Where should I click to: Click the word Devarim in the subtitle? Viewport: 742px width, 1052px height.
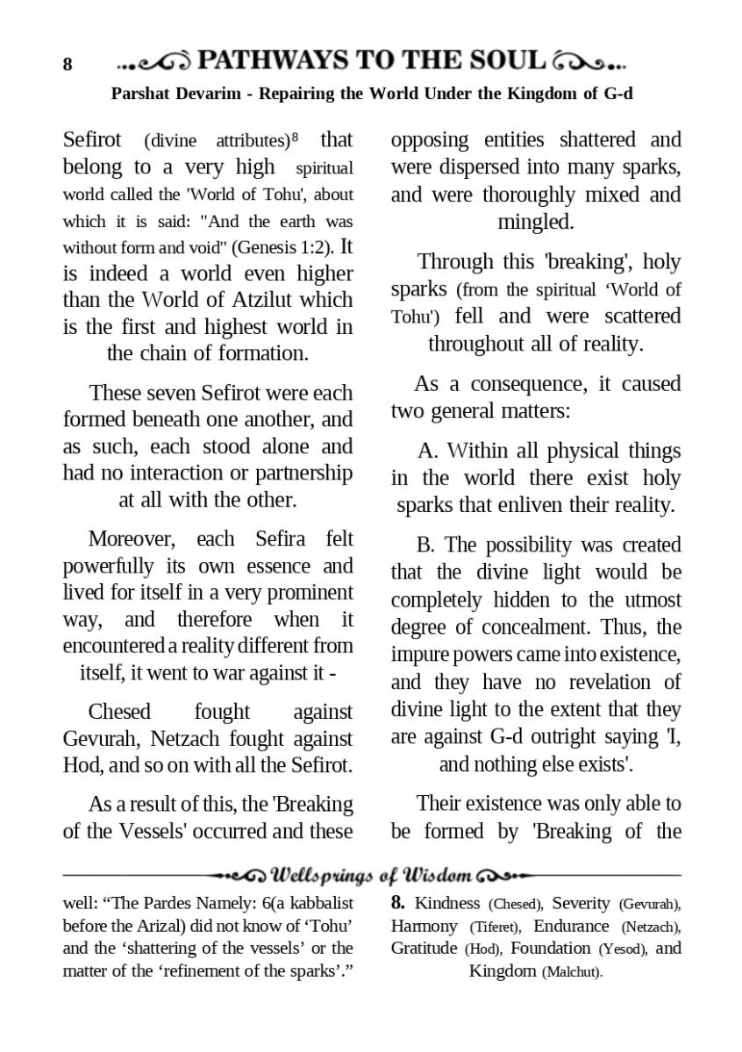200,94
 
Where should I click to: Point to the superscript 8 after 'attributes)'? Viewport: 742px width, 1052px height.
295,136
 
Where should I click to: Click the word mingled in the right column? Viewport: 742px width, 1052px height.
536,222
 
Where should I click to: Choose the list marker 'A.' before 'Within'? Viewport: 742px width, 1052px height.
428,451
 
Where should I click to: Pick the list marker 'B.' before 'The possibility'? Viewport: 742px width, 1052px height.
427,545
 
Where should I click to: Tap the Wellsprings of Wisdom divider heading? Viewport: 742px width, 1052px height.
373,875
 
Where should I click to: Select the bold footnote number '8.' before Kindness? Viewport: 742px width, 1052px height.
398,903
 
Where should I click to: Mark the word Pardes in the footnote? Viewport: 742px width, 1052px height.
154,903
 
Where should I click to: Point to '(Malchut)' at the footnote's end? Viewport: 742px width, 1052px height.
572,972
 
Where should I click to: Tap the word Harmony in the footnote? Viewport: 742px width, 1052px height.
425,926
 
